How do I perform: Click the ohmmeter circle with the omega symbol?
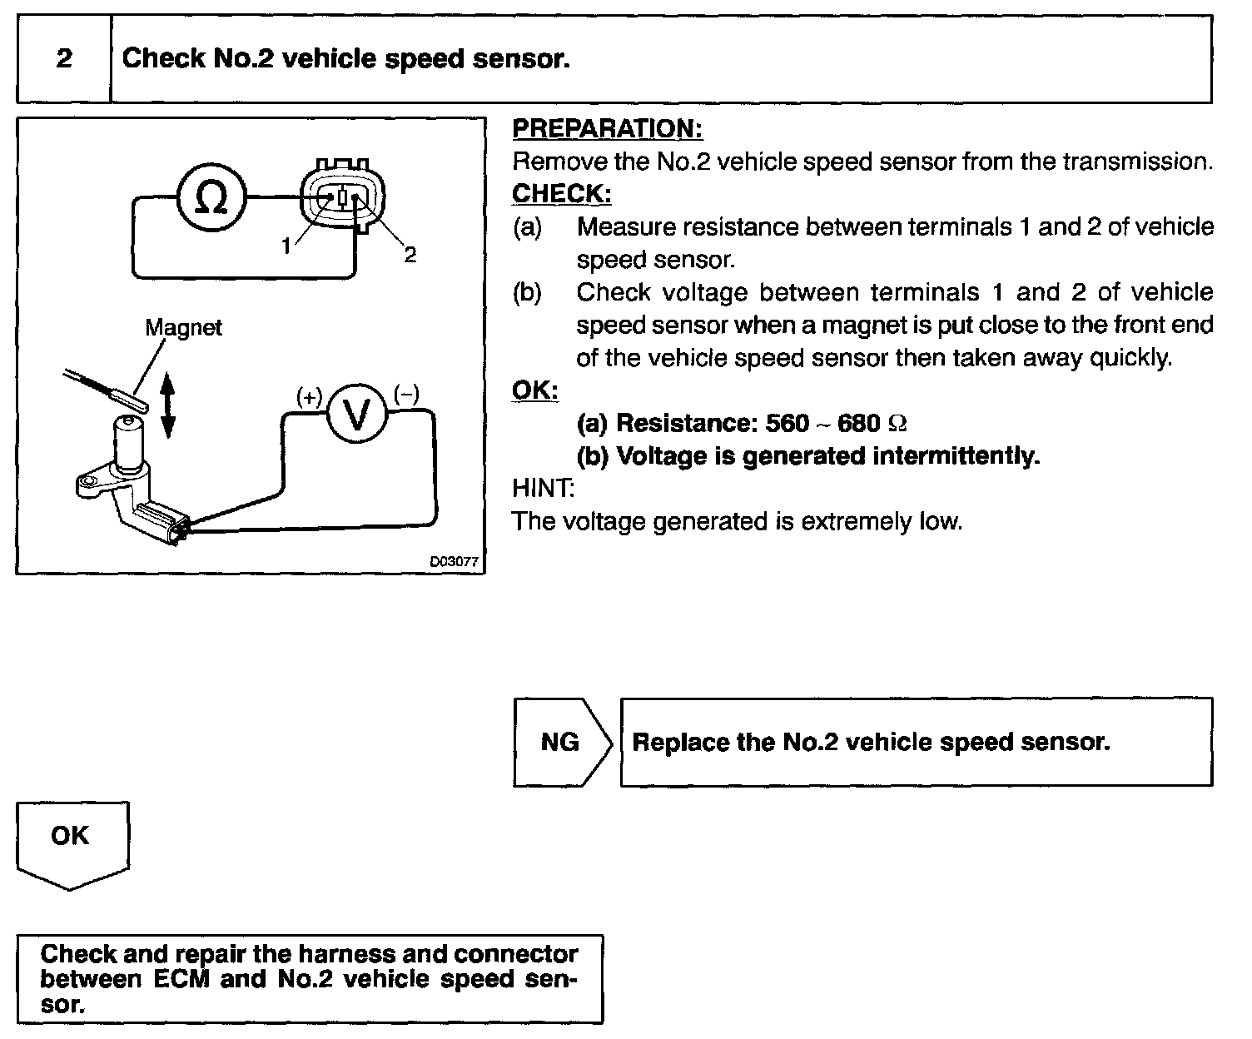(211, 198)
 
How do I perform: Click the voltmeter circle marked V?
(357, 415)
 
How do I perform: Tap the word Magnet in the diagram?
(183, 327)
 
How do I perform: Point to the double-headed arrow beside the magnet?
(167, 405)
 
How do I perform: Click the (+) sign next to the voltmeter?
(309, 397)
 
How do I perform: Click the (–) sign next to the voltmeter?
(406, 394)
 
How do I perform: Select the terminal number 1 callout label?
(286, 246)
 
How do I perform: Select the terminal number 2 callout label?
(410, 255)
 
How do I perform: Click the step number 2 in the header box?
(64, 59)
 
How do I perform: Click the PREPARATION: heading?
(608, 129)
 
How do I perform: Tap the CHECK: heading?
(562, 193)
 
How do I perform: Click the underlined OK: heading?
(534, 390)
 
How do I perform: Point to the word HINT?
(543, 488)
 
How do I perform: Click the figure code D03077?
(454, 562)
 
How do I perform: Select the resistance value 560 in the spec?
(787, 424)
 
